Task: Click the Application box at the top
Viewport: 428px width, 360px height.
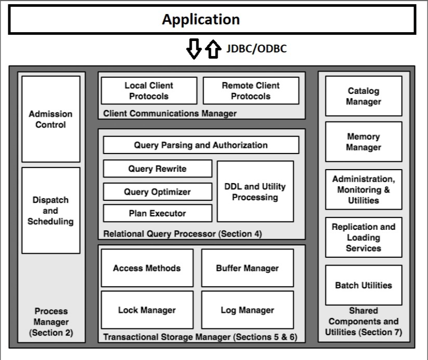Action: pos(212,19)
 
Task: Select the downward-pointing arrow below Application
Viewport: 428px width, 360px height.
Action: pos(194,49)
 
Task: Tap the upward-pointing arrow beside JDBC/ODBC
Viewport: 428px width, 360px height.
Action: pos(213,49)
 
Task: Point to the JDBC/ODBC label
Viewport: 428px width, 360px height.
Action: pos(256,49)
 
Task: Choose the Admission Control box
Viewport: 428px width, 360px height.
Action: pos(51,119)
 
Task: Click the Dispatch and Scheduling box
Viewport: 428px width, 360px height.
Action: pos(51,211)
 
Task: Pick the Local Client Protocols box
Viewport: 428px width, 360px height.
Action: pos(149,91)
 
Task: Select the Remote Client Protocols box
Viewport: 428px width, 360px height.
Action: pos(251,91)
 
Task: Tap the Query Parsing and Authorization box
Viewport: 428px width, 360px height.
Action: pos(201,145)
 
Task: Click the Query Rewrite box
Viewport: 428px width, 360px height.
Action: pos(158,169)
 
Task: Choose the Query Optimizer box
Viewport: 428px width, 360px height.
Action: pos(158,191)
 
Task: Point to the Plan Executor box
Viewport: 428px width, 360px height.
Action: pos(158,213)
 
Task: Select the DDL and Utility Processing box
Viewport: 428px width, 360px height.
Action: pos(255,191)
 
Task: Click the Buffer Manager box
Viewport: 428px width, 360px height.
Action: pos(248,268)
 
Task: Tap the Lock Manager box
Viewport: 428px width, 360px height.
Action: pos(147,310)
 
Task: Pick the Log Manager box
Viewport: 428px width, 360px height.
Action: pos(248,310)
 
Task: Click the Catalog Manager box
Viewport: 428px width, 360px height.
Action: pos(364,96)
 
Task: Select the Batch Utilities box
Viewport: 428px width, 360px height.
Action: pos(364,285)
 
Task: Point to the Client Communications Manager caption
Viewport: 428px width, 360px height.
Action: pos(170,114)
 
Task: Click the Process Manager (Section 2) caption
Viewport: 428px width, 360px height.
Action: pos(51,322)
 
